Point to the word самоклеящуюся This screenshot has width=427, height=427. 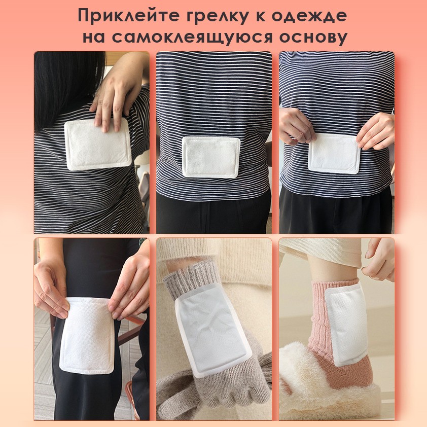(192, 38)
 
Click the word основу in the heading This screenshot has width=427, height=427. (313, 38)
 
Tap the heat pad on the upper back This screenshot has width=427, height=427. (98, 144)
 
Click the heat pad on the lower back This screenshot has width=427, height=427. (211, 157)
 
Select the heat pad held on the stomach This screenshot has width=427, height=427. (334, 153)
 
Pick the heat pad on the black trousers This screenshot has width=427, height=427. (87, 336)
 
